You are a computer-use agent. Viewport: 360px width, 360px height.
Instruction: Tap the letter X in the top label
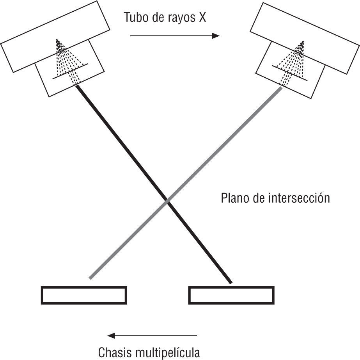(202, 18)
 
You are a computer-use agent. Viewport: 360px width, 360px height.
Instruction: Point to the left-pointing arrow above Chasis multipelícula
(153, 335)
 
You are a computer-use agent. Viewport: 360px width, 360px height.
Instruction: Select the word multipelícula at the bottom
(168, 353)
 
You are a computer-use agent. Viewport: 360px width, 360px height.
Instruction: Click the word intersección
(299, 198)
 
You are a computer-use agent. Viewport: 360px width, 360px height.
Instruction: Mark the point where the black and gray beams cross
(168, 201)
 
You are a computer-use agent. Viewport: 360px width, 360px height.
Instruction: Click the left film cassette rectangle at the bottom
(84, 295)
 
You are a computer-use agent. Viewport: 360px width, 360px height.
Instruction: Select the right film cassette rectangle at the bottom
(231, 295)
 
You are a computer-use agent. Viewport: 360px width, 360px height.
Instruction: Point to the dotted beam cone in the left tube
(66, 62)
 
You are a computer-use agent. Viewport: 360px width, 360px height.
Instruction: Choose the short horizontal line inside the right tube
(292, 73)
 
